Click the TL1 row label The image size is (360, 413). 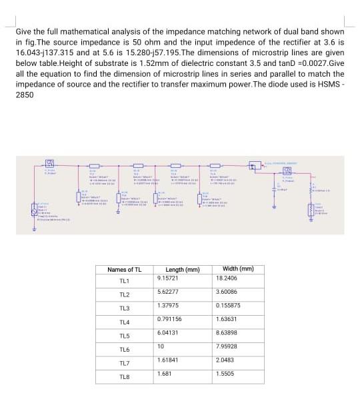click(124, 281)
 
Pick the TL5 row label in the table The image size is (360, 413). click(124, 336)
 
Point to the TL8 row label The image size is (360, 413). click(124, 378)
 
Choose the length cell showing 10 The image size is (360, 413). click(161, 346)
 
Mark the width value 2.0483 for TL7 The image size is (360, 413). click(226, 360)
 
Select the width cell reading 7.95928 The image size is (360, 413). click(228, 346)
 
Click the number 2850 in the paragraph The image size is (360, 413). click(25, 95)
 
